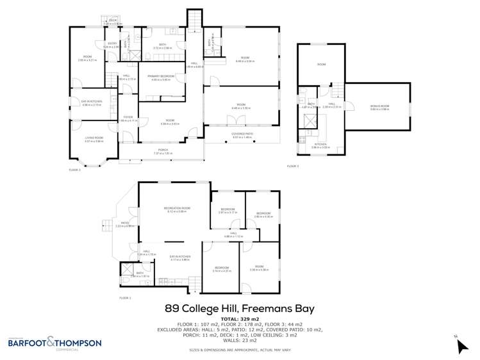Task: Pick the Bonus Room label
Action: tap(380, 107)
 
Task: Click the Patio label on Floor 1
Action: tap(125, 224)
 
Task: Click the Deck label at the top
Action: tap(113, 21)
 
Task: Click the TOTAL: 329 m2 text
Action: tap(240, 319)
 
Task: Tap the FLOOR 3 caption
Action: tap(293, 167)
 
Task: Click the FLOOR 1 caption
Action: tap(126, 299)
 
